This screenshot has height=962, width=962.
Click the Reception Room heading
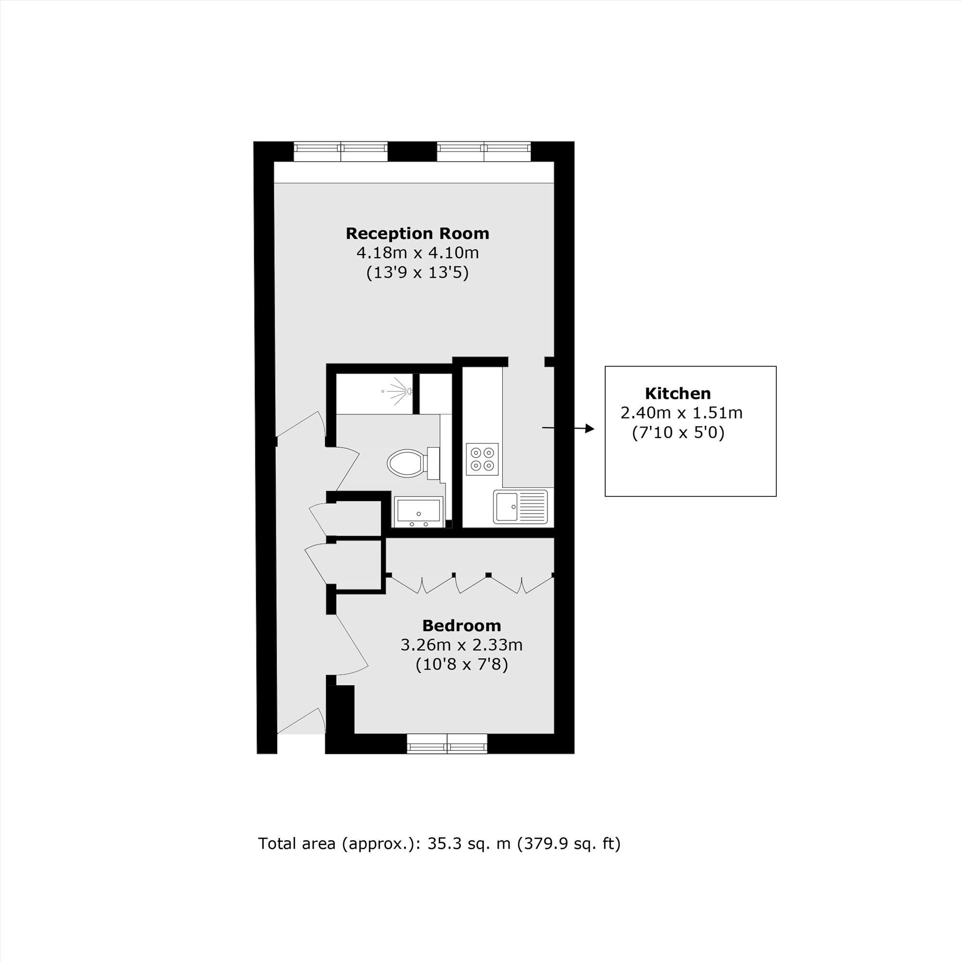point(417,234)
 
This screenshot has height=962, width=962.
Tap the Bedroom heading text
point(462,625)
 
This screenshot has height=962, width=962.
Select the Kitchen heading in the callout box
point(678,393)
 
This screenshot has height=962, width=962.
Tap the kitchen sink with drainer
point(520,506)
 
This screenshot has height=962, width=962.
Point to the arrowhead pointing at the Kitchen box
point(590,428)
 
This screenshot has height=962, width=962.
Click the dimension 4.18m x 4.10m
point(417,253)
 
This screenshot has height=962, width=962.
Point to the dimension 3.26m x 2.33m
point(462,646)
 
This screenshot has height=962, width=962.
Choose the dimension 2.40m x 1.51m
point(681,413)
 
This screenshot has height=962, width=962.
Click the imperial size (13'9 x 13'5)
point(417,273)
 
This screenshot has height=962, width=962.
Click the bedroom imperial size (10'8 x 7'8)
point(462,665)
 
